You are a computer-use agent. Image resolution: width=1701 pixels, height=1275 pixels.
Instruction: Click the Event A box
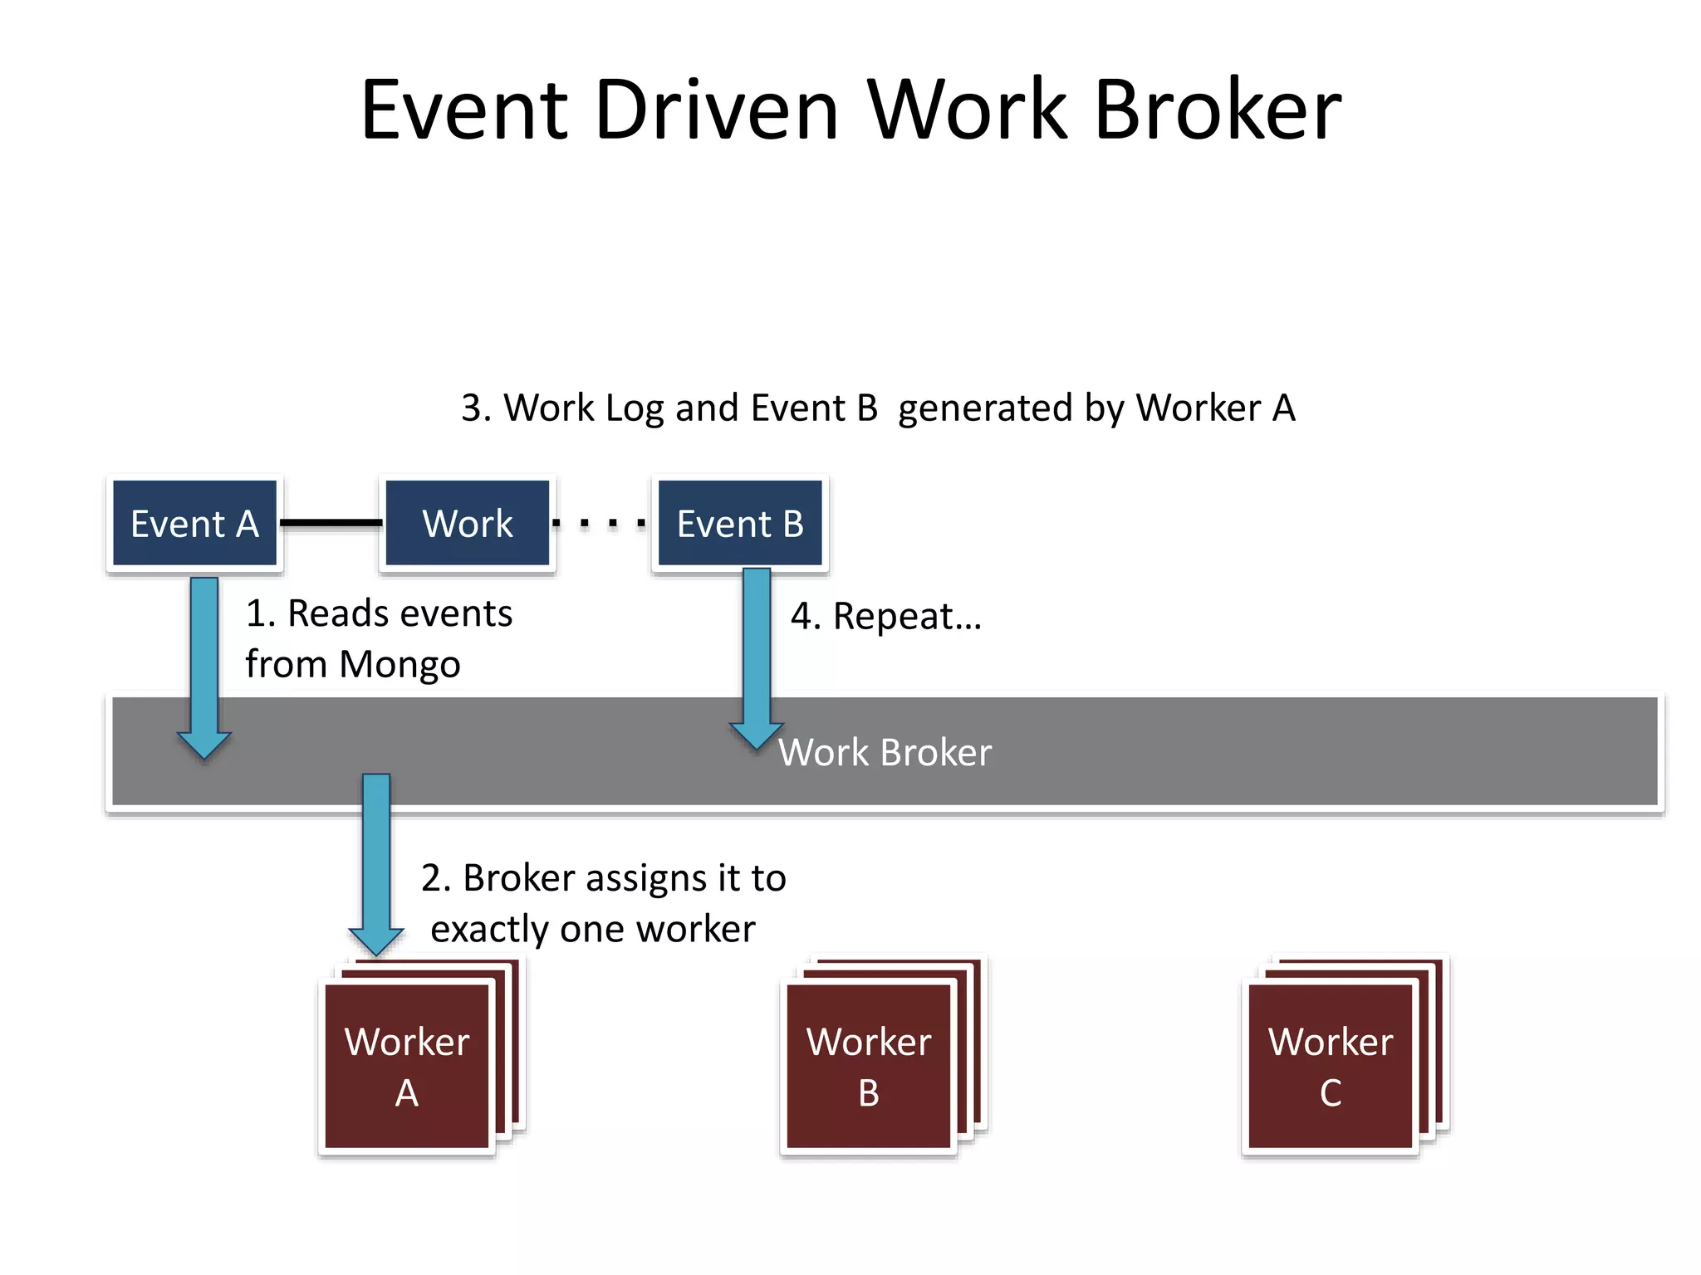pos(194,523)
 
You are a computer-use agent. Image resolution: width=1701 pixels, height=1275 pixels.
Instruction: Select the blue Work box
pos(467,523)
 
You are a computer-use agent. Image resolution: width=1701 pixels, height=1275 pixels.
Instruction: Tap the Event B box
pos(739,523)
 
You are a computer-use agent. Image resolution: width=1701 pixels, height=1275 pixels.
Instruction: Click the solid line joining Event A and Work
pos(331,522)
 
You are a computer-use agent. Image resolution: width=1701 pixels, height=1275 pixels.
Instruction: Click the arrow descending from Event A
pos(204,664)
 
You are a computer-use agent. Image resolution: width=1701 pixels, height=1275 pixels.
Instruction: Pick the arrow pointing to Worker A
pos(376,863)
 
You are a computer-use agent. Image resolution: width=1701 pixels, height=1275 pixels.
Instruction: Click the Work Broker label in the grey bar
pos(885,752)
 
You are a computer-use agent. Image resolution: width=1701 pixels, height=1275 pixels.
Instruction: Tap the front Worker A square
pos(407,1067)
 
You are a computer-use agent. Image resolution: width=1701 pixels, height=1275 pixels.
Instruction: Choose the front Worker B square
pos(869,1067)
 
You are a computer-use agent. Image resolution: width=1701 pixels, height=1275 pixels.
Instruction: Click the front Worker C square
pos(1331,1067)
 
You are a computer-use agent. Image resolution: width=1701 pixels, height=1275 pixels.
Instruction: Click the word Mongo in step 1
pos(400,665)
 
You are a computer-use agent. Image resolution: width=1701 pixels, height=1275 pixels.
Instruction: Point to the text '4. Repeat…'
pos(885,616)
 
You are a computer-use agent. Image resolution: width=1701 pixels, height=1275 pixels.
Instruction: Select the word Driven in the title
pos(716,110)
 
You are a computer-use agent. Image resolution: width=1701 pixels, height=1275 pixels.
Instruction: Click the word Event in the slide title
pos(463,110)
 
